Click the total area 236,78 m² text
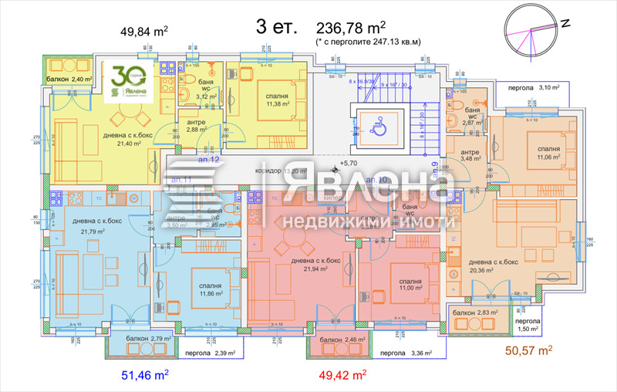[x=367, y=28]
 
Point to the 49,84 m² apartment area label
[x=144, y=32]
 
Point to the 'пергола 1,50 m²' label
[x=529, y=324]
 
